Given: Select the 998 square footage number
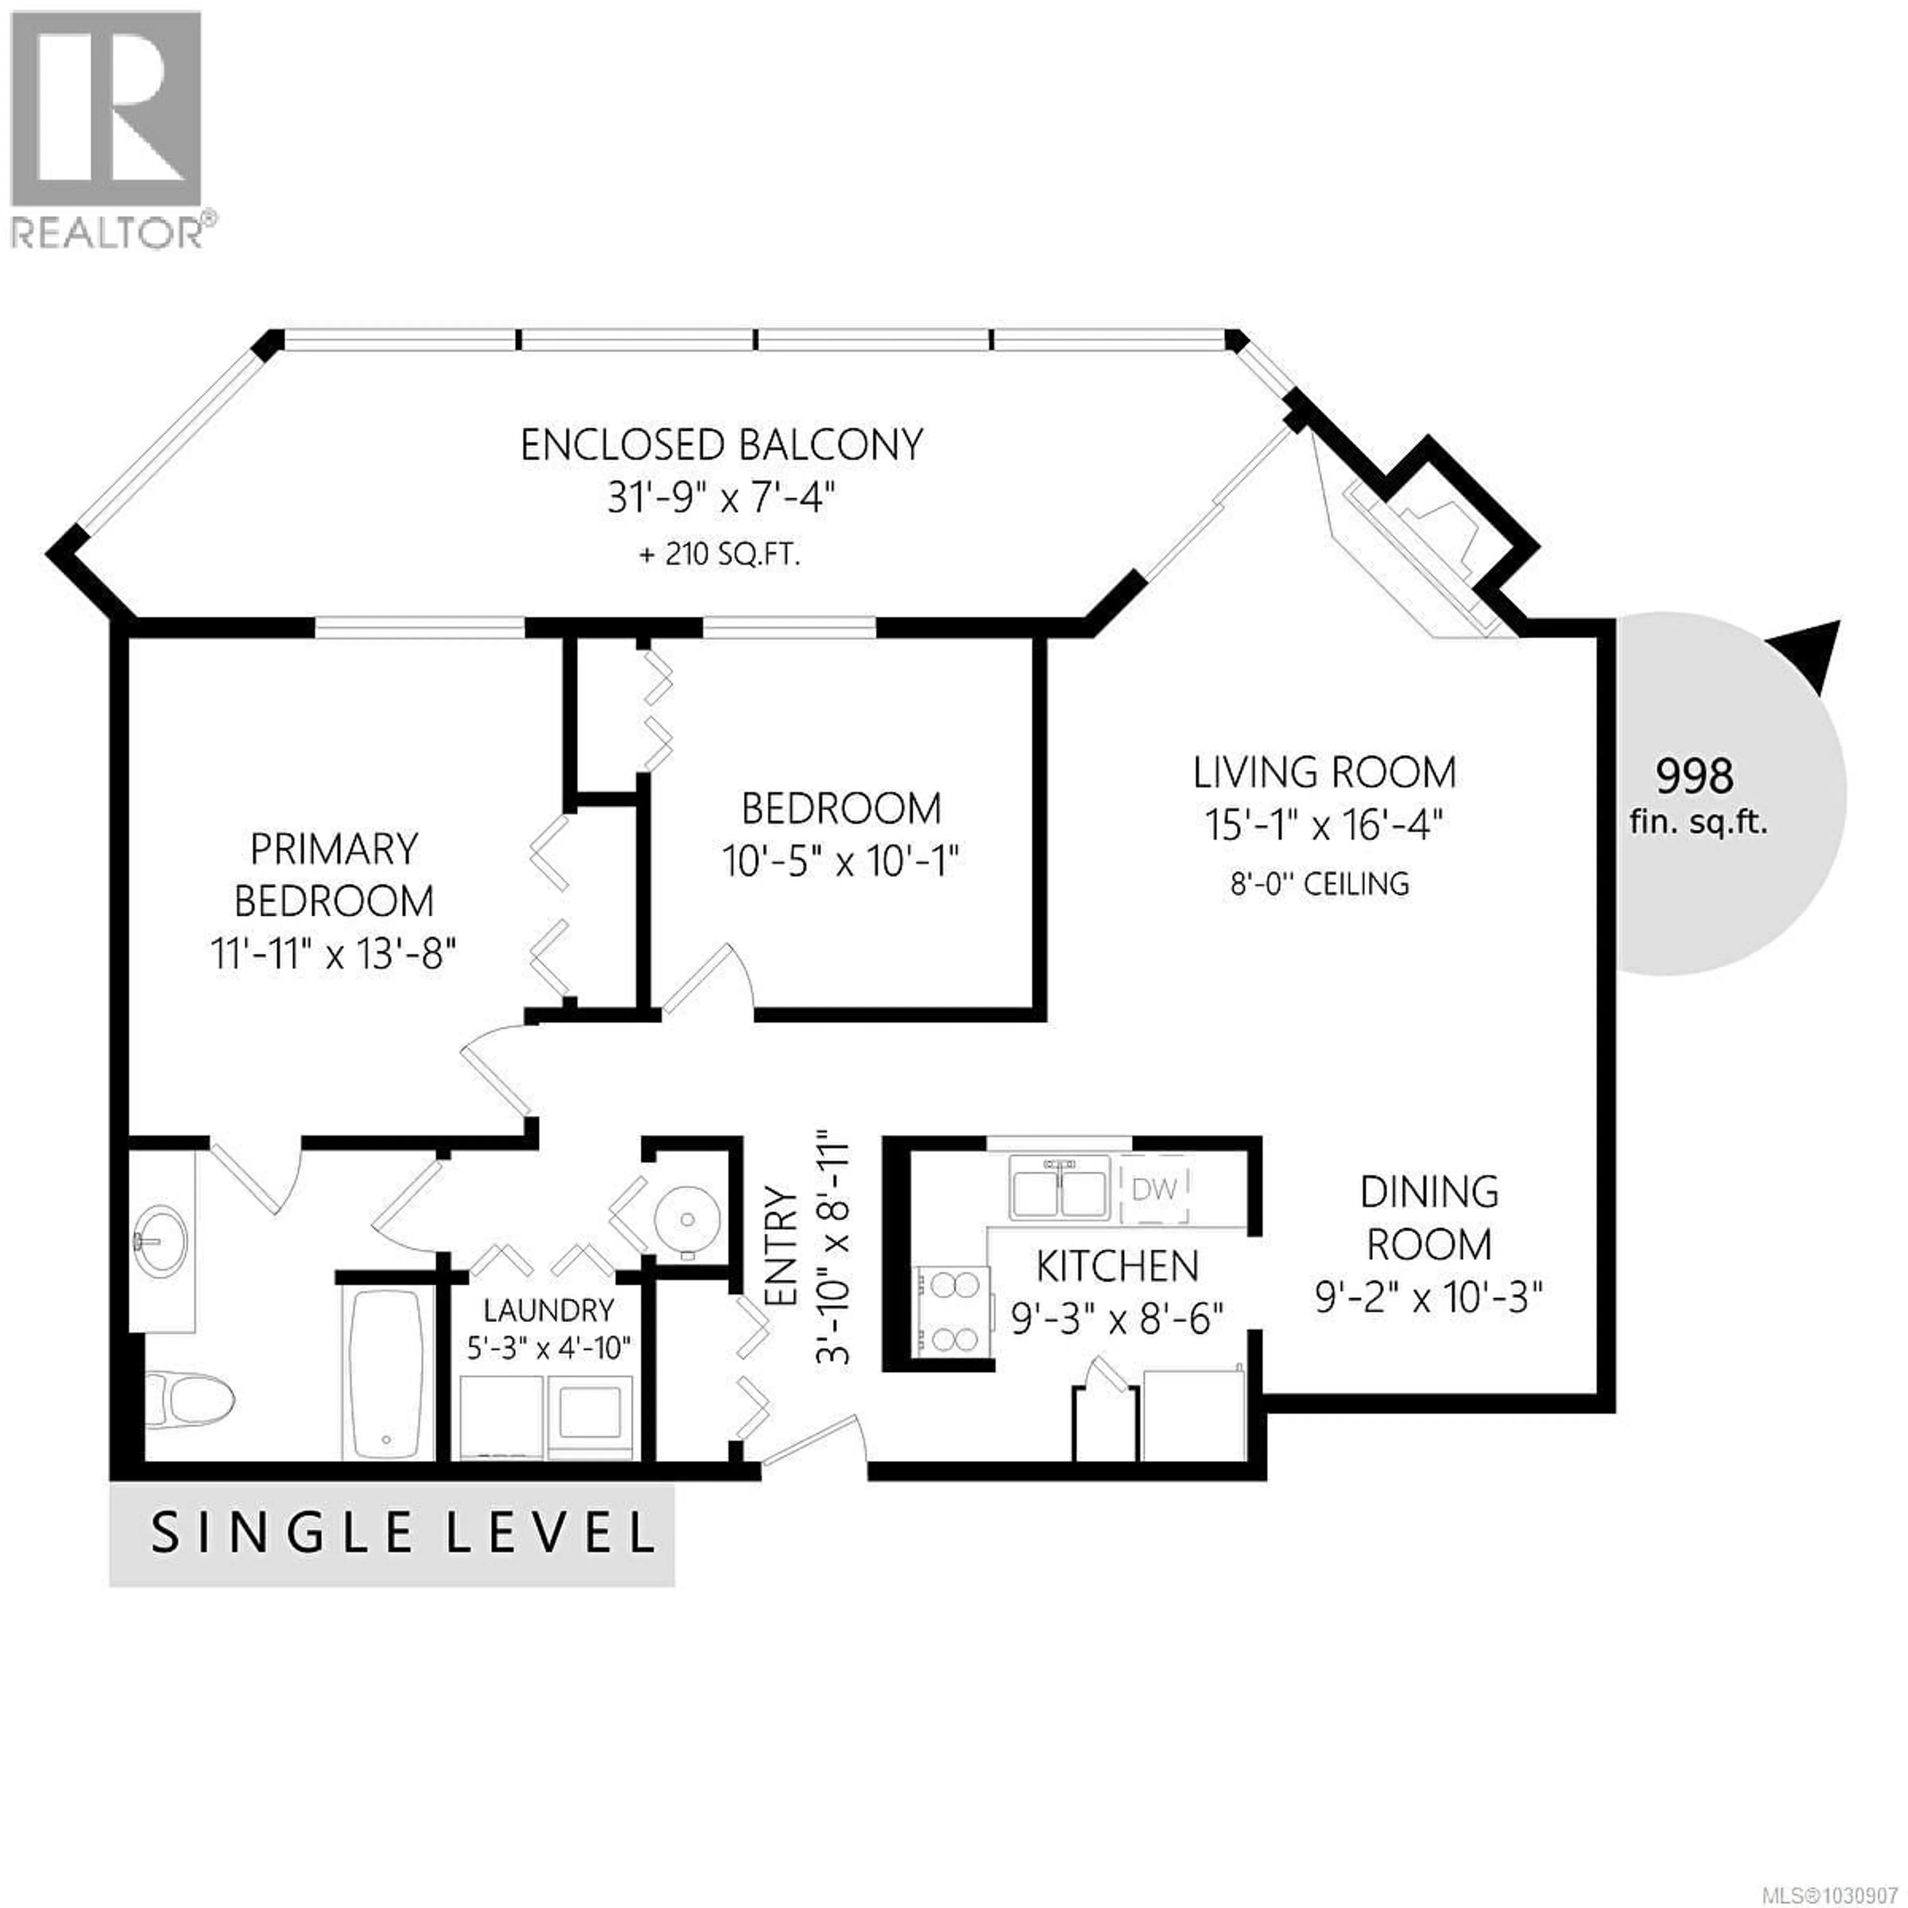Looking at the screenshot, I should pos(1694,776).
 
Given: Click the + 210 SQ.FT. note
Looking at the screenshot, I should pos(719,554).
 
